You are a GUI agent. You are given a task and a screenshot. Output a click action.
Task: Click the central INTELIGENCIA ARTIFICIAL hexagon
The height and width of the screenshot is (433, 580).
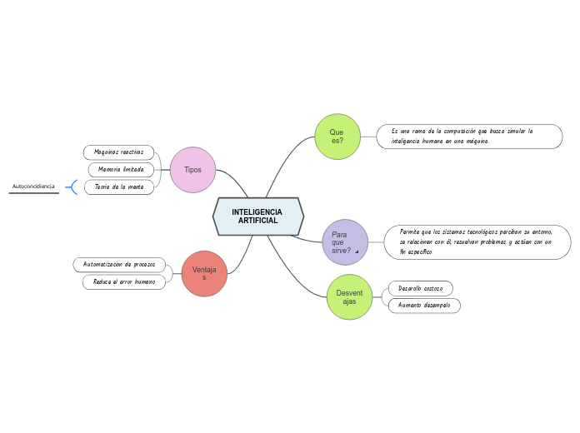tap(258, 216)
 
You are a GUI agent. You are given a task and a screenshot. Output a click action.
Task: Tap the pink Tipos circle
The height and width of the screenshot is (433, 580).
tap(192, 170)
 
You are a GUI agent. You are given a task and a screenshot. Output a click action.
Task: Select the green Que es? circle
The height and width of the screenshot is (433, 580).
tap(337, 137)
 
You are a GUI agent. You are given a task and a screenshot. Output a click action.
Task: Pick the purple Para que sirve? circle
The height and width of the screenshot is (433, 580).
tap(344, 242)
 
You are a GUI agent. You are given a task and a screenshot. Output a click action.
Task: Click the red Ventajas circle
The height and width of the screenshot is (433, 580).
tap(204, 274)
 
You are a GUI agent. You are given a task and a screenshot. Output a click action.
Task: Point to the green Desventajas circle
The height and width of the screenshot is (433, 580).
tap(349, 297)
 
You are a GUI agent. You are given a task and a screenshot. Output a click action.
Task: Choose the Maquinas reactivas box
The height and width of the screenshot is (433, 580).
tap(119, 152)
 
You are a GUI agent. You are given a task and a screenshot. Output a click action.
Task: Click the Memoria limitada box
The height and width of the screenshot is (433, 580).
tap(122, 170)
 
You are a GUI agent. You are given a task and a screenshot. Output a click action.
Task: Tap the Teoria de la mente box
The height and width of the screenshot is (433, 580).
tap(119, 187)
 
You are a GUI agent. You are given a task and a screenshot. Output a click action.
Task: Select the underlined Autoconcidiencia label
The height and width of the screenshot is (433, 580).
tap(33, 187)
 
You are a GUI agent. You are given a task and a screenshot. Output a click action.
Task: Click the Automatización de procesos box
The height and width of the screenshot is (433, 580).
tap(119, 264)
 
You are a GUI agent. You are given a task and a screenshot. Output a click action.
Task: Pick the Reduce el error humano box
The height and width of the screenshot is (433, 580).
tap(124, 282)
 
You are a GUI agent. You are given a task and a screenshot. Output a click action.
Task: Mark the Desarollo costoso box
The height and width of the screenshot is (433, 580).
tap(421, 288)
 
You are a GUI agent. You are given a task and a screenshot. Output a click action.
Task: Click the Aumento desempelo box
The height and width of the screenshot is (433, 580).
tap(424, 306)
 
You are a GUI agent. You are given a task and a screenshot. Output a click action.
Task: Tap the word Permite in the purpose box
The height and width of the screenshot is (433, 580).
tap(411, 231)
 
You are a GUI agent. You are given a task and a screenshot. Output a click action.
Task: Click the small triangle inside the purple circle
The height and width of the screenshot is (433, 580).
tap(357, 251)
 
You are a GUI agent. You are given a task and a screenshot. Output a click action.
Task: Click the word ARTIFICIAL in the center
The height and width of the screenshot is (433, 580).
tap(257, 221)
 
